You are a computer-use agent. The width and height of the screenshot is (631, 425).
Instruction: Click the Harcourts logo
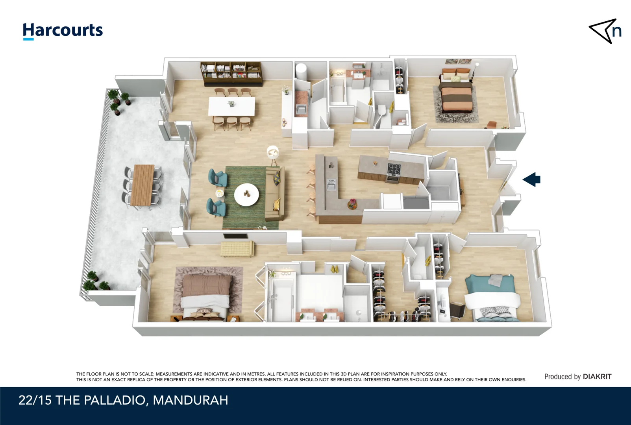pos(63,31)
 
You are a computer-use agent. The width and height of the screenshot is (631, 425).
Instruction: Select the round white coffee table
pos(247,194)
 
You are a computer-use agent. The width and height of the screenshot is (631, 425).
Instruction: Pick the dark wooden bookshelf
pos(231,74)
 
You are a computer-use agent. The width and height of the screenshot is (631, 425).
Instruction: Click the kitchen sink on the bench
pos(331,184)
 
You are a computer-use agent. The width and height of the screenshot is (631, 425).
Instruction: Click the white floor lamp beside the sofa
pos(272,153)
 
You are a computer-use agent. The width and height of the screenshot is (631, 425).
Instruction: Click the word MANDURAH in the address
pos(190,400)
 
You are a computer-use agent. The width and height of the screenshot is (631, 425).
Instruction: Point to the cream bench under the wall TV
pos(237,249)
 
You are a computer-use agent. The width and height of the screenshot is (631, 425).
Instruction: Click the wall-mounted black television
pos(235,236)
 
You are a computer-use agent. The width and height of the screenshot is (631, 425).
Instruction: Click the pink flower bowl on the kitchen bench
pos(352,204)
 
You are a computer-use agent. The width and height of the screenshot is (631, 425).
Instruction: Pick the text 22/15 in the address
pos(35,400)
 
